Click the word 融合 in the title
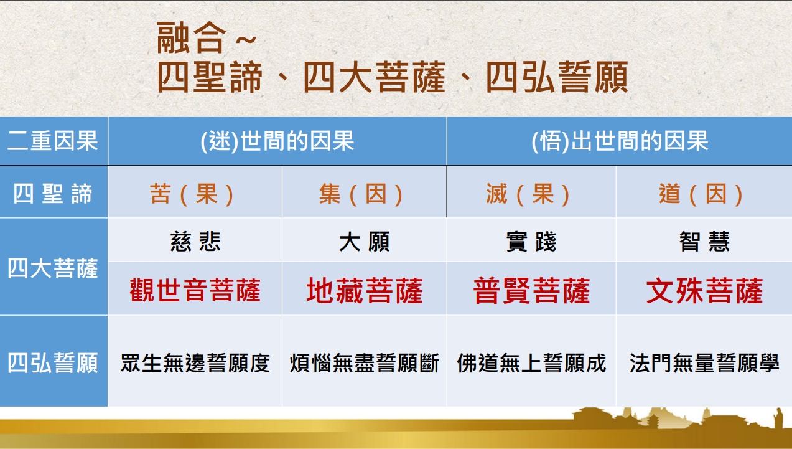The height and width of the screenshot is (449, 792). (191, 37)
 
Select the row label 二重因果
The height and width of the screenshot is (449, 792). (53, 141)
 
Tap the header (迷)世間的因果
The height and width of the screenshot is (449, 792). (277, 141)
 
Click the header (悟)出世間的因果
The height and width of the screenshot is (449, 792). (620, 141)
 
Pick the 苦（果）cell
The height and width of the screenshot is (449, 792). (191, 194)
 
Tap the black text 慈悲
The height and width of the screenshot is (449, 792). (195, 241)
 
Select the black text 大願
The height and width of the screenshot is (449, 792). (365, 241)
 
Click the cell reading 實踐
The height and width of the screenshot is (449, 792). (531, 241)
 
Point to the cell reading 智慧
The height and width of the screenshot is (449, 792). (704, 241)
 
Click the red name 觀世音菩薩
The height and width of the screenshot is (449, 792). (195, 290)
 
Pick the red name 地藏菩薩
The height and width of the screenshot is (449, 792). (365, 290)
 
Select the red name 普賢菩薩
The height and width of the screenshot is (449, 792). (531, 290)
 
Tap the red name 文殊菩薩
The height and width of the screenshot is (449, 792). (704, 290)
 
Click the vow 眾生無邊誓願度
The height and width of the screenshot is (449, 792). (195, 362)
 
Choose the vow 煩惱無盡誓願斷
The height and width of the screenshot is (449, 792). (365, 362)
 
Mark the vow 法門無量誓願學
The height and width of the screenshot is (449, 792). (704, 362)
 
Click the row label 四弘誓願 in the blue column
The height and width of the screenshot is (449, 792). (53, 362)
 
